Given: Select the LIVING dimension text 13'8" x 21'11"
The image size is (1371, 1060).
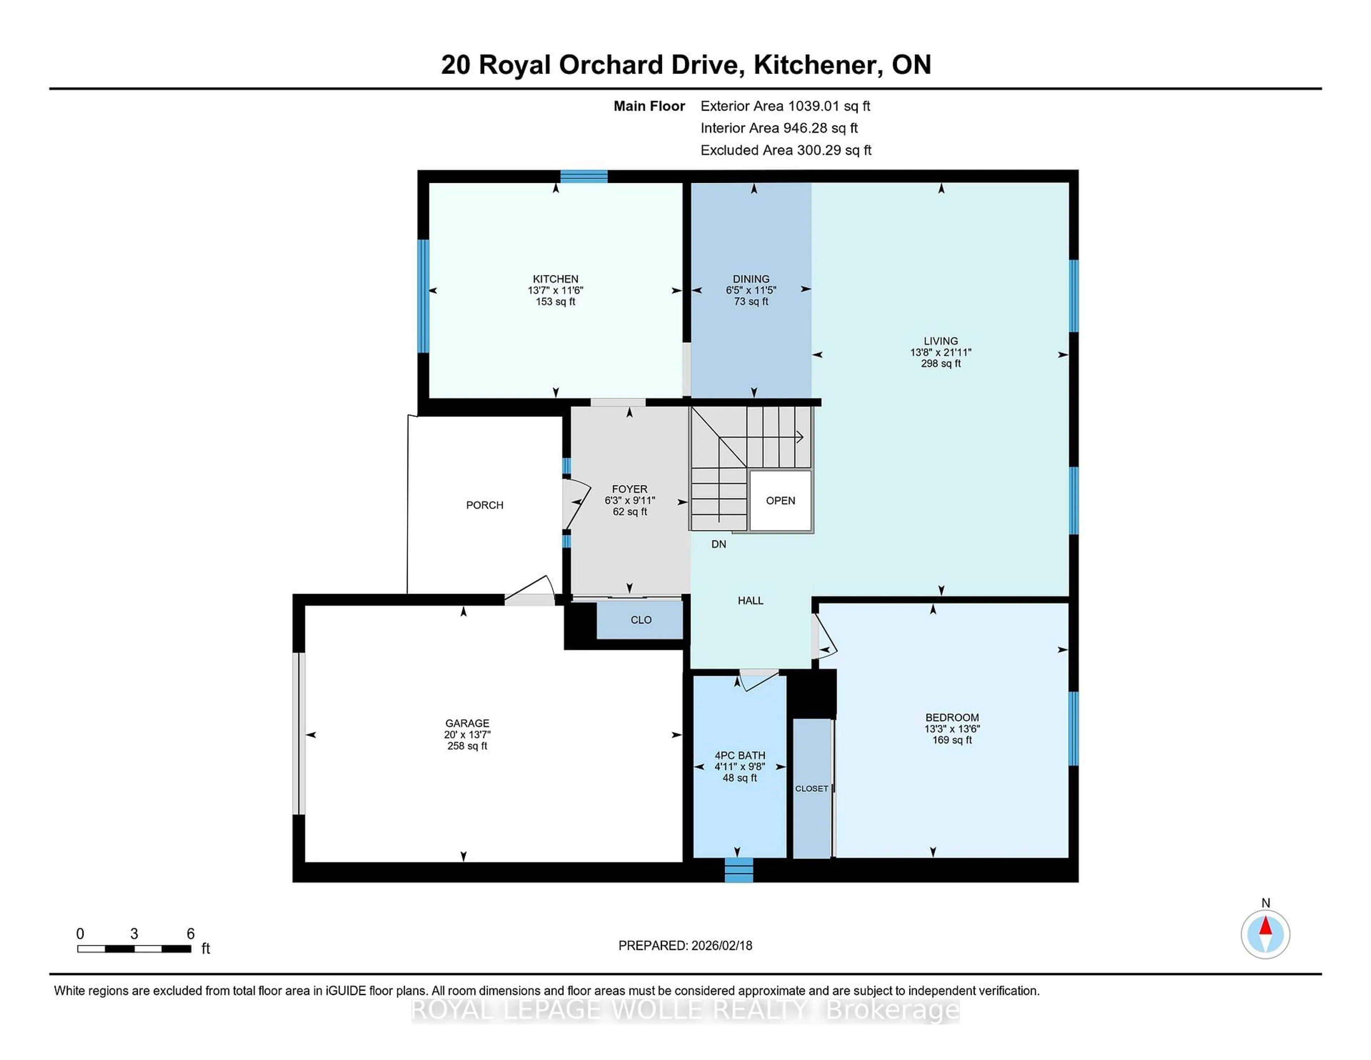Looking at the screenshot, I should coord(940,352).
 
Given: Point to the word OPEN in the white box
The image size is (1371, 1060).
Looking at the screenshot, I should coord(780,500).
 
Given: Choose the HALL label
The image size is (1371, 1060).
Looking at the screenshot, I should coord(750,600).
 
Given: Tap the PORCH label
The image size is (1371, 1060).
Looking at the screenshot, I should coord(484,505).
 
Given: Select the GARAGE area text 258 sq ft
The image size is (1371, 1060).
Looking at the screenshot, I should coord(467,746).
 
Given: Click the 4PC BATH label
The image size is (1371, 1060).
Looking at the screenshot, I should coord(739,755).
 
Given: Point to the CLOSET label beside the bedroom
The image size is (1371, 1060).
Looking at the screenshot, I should coord(811,788).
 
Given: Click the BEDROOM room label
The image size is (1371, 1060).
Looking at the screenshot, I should coord(951,717).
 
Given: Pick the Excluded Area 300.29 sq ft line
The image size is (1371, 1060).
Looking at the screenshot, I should coord(785,150).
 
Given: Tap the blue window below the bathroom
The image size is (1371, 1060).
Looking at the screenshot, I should coord(738,870).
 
